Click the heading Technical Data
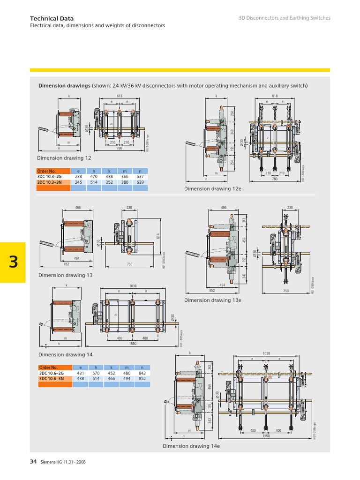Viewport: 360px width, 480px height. tap(52, 18)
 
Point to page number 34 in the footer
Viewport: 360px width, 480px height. tap(33, 462)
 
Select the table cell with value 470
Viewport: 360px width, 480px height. tap(94, 177)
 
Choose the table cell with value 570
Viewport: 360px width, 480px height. tap(96, 373)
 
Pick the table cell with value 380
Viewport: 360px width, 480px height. tap(124, 182)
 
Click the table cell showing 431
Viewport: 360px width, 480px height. tap(80, 373)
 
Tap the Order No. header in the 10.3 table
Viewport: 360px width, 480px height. tap(47, 171)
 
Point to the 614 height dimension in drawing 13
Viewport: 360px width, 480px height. tap(158, 237)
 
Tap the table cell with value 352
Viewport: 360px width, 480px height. tap(109, 182)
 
